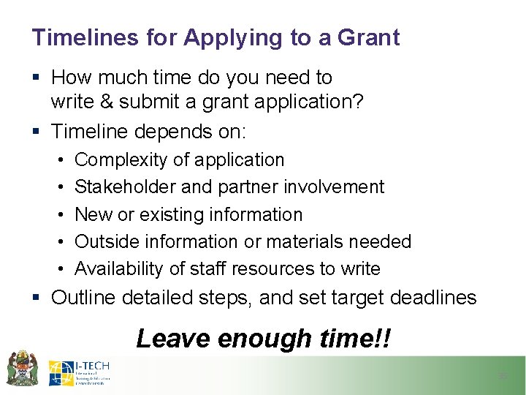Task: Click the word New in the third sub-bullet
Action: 92,215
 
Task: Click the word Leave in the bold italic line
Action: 169,339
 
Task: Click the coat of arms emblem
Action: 22,368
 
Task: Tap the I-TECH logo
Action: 80,372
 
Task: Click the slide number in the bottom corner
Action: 502,376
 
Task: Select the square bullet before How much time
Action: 36,78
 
